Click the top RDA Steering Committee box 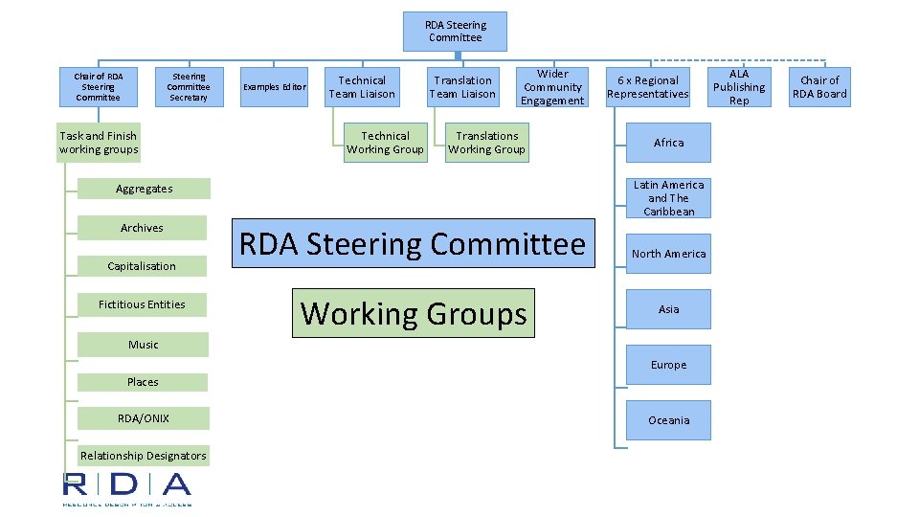point(456,32)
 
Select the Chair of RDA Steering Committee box point(99,86)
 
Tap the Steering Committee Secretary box point(189,86)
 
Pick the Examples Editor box point(274,87)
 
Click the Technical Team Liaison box point(362,87)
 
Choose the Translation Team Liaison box point(462,87)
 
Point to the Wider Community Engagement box point(552,87)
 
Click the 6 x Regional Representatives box point(648,87)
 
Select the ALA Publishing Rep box point(739,87)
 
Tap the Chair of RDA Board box point(819,87)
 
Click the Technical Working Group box point(385,143)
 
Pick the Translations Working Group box point(486,143)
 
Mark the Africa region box point(668,143)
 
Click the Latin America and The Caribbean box point(668,198)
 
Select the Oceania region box point(668,420)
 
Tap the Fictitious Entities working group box point(142,304)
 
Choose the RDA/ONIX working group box point(143,417)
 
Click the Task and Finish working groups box point(99,143)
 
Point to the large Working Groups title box point(413,313)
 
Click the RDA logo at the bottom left point(127,487)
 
